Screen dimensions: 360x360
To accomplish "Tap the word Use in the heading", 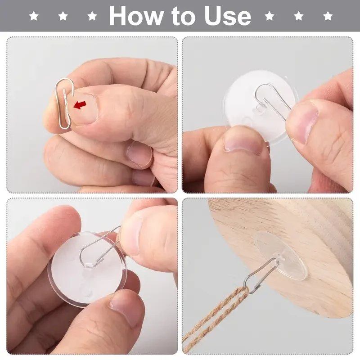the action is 228,16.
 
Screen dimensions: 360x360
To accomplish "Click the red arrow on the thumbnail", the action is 80,105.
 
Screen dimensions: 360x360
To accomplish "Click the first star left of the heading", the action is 34,16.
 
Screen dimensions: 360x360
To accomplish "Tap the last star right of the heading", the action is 328,16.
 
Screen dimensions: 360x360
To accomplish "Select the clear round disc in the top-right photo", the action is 260,108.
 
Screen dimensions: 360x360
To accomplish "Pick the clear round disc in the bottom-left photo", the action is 87,270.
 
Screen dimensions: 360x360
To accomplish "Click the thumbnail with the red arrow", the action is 83,107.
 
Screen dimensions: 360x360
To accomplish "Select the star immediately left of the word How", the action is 92,16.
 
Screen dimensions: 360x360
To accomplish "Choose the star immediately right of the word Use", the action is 269,16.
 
